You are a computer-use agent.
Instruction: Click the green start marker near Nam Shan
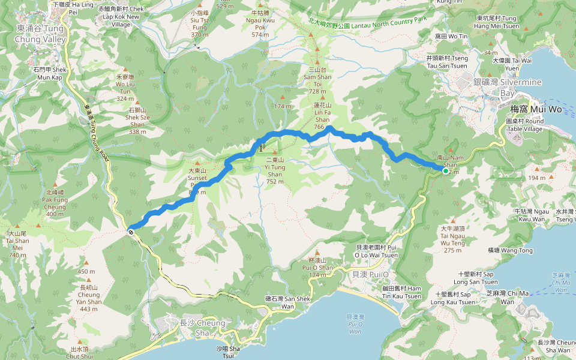click(x=446, y=171)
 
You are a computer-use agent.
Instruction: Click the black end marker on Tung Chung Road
click(x=130, y=230)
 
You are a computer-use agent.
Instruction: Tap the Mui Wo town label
click(x=527, y=109)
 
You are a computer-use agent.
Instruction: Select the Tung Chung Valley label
click(x=40, y=34)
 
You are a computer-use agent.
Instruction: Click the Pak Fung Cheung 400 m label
click(x=55, y=203)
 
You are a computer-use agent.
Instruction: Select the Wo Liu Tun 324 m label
click(x=125, y=88)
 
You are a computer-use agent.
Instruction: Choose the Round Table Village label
click(x=526, y=125)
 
